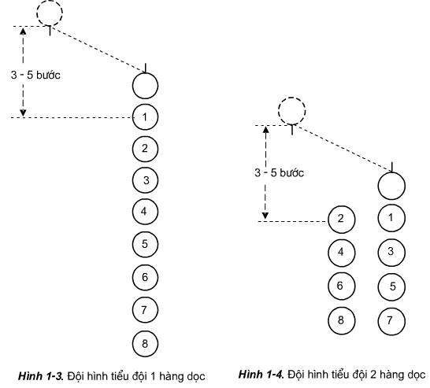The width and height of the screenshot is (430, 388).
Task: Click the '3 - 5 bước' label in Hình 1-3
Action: (35, 75)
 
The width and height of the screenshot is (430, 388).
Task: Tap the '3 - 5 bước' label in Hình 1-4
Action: (279, 173)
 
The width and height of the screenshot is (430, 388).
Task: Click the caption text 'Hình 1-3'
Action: (41, 375)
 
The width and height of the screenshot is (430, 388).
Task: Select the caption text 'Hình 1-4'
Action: (261, 374)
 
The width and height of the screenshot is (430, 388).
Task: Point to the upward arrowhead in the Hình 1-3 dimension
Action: (23, 31)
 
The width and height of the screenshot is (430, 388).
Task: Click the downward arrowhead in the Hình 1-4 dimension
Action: (265, 216)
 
